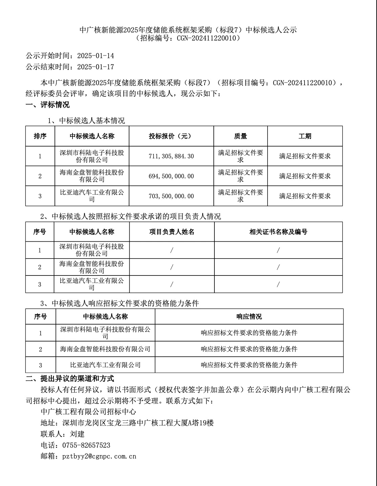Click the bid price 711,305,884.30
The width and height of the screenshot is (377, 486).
(171, 156)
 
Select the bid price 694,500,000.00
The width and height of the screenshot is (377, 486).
(171, 176)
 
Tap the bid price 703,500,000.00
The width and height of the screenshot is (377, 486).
(171, 196)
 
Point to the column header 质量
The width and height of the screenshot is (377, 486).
(240, 136)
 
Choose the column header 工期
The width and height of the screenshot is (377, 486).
(305, 136)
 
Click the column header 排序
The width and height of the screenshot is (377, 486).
(40, 136)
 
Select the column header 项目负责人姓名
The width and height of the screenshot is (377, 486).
(172, 232)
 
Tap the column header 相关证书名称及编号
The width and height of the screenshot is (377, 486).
(278, 232)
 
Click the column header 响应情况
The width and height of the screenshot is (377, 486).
(249, 317)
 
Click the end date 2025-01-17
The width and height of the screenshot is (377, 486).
(96, 67)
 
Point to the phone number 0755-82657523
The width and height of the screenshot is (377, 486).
(86, 445)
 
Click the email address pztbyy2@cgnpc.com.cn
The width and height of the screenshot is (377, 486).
(99, 456)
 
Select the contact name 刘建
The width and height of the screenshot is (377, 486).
(77, 434)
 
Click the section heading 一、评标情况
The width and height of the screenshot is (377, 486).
(48, 105)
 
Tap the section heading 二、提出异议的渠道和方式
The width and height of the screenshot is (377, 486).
(70, 378)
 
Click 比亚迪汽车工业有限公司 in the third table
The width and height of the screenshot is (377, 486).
(105, 365)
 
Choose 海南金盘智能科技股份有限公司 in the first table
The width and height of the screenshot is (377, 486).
(92, 176)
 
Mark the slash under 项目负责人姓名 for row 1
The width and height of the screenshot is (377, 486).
(172, 250)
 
